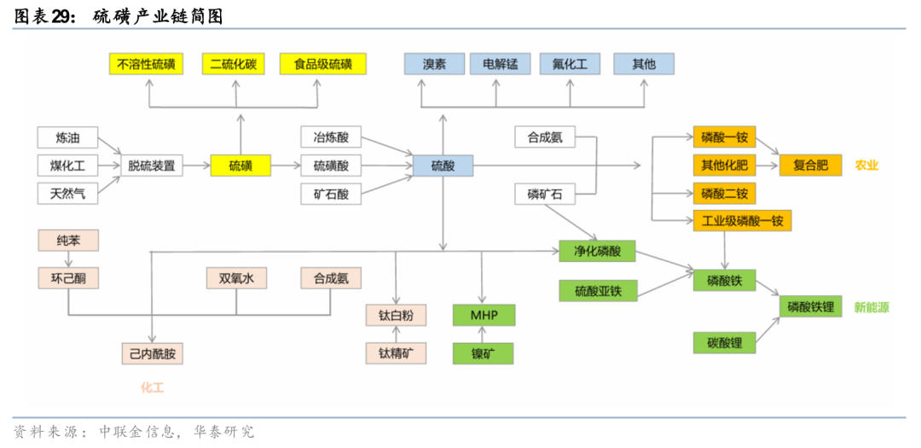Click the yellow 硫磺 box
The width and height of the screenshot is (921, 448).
tap(240, 166)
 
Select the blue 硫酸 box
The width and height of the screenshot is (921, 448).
tap(443, 166)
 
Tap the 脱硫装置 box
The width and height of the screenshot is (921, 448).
tap(152, 166)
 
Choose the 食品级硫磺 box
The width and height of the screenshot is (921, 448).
tap(322, 64)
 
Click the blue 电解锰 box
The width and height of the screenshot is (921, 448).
tap(500, 64)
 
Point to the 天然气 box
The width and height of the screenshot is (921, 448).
tap(67, 194)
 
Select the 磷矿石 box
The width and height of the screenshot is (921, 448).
tap(545, 194)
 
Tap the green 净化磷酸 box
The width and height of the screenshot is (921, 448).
tap(597, 251)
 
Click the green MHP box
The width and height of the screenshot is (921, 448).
tap(483, 315)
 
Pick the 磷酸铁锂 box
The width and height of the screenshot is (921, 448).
tap(810, 306)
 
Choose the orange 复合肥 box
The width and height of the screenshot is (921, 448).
tap(810, 165)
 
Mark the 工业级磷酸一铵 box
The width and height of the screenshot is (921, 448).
tap(742, 221)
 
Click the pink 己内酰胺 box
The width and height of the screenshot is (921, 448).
tap(152, 352)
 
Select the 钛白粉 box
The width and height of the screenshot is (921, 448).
tap(396, 315)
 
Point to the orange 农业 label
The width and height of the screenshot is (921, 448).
tap(866, 166)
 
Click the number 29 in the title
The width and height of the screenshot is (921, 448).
tap(63, 15)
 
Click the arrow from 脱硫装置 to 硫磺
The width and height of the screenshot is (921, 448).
tap(196, 166)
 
